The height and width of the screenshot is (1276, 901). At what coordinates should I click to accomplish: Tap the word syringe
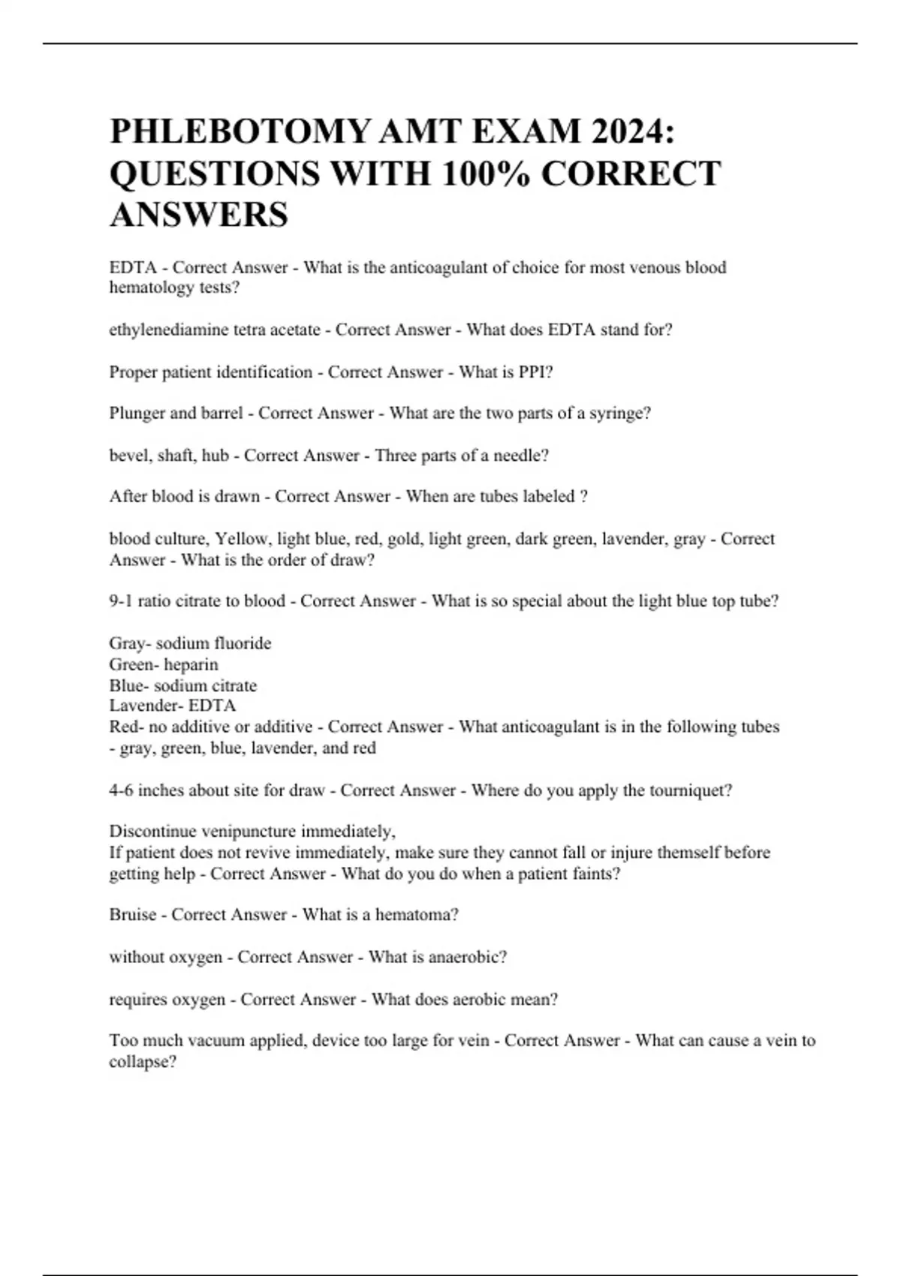(621, 414)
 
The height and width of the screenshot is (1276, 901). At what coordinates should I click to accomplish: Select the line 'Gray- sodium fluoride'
(190, 643)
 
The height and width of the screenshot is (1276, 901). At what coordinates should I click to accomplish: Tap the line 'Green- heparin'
(164, 664)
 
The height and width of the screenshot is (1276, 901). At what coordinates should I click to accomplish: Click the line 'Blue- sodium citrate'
(183, 685)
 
